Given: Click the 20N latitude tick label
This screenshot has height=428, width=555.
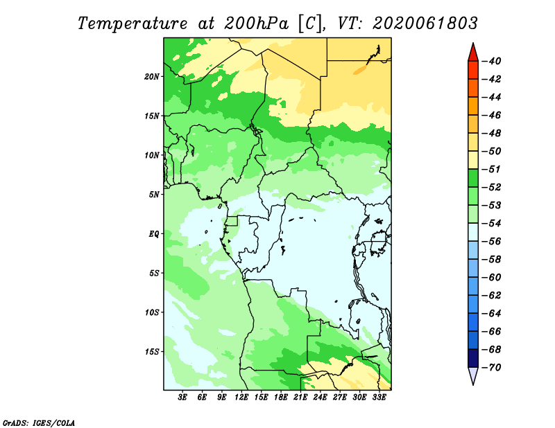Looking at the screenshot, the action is (152, 77).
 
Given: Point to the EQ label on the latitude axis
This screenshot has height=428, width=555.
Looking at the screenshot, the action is (154, 234).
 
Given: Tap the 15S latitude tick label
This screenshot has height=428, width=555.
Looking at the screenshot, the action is (152, 352).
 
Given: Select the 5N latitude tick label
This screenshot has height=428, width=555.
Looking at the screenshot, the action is (154, 195).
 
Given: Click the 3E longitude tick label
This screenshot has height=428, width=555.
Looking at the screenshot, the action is (182, 398).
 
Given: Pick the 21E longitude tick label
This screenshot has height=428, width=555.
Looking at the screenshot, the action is (300, 398).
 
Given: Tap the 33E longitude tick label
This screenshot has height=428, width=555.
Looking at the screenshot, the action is (379, 398).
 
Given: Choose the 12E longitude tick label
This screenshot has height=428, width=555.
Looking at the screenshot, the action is (241, 398).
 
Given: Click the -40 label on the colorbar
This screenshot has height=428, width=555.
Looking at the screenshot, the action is (492, 61).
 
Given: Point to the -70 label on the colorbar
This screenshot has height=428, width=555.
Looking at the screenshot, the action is (492, 368).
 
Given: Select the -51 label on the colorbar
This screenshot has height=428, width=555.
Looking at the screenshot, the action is (492, 169).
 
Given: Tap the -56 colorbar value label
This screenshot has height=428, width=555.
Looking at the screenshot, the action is (492, 242).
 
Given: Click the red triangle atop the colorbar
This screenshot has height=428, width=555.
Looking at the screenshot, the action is (473, 53).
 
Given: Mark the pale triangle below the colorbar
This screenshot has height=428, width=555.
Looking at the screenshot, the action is (473, 375).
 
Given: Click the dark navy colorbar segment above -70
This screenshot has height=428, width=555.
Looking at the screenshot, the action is (473, 358).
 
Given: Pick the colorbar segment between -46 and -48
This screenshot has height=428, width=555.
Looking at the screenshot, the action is (473, 124).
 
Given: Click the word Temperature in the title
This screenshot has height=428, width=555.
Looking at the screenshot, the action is (132, 24).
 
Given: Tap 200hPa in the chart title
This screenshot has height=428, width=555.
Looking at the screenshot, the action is (257, 24).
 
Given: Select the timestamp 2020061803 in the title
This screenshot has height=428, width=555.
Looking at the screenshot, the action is (425, 24).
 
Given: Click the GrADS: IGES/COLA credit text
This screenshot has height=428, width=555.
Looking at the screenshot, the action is (39, 423).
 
